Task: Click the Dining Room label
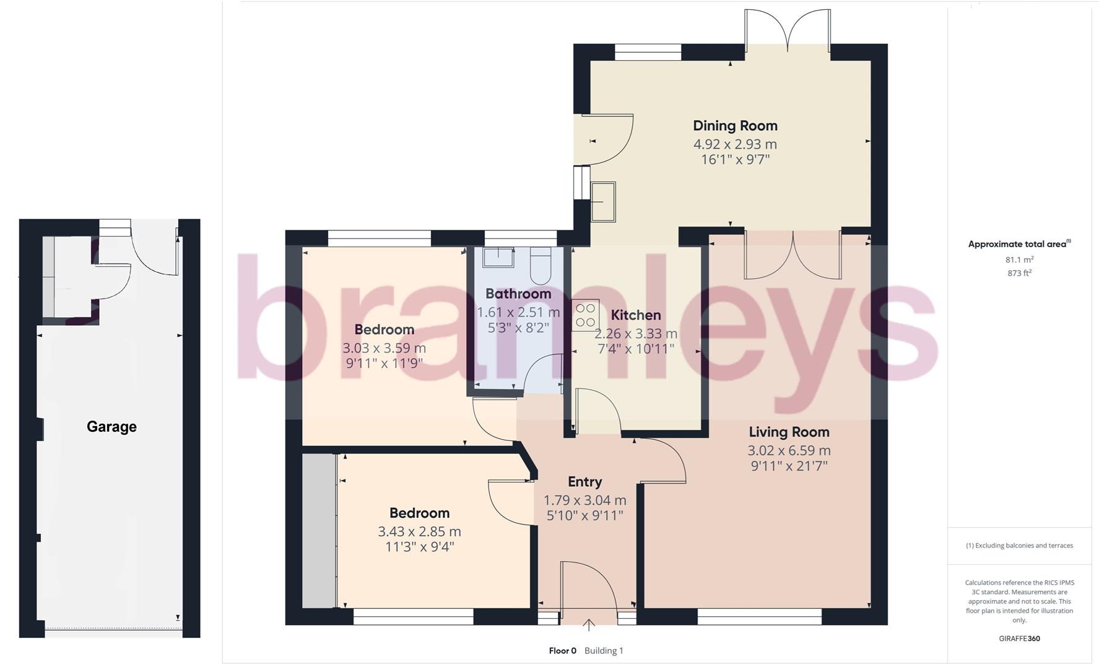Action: pos(735,126)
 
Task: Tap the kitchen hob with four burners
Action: pos(584,315)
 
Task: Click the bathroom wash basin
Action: pos(498,258)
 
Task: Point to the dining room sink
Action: pos(603,201)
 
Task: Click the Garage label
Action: pos(111,426)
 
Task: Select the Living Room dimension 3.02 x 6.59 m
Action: pos(789,450)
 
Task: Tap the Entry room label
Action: pos(584,482)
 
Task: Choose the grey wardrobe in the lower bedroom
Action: pos(318,531)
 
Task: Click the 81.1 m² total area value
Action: pos(1019,260)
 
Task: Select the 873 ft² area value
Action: pos(1019,273)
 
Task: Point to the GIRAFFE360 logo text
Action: pos(1019,638)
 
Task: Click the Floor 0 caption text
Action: pos(562,650)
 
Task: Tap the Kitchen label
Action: pos(636,315)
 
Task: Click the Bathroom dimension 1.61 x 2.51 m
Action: pos(518,312)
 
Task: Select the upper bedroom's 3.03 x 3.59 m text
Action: pos(384,348)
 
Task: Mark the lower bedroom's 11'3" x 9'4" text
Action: pos(419,547)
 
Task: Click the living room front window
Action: pos(760,616)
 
